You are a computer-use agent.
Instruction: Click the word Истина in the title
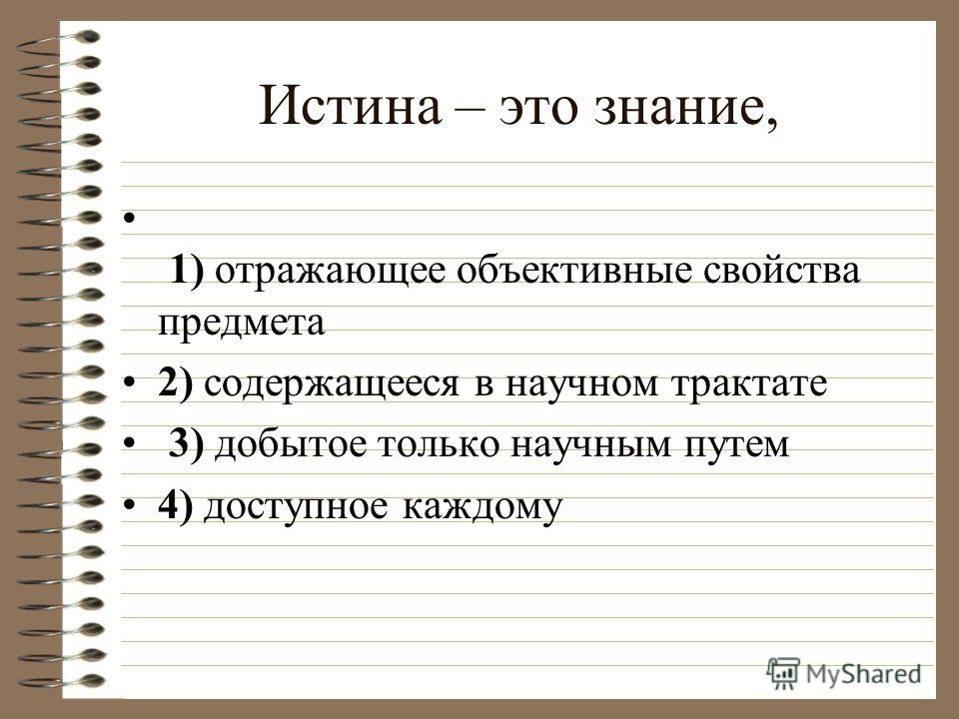[x=350, y=105]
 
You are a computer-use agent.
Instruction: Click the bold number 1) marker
[x=187, y=270]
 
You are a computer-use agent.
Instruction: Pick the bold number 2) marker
[x=176, y=383]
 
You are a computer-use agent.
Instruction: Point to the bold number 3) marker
[x=187, y=443]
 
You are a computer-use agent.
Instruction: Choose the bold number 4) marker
[x=176, y=505]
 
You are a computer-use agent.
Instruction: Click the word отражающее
[x=331, y=272]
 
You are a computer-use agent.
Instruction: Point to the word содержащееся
[x=332, y=385]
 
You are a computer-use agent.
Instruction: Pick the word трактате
[x=749, y=384]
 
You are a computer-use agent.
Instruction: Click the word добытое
[x=291, y=443]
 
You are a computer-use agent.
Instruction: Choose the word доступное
[x=296, y=508]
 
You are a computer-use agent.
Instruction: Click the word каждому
[x=481, y=507]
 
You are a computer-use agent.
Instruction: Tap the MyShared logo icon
[x=782, y=673]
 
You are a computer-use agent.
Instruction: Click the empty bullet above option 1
[x=128, y=217]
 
